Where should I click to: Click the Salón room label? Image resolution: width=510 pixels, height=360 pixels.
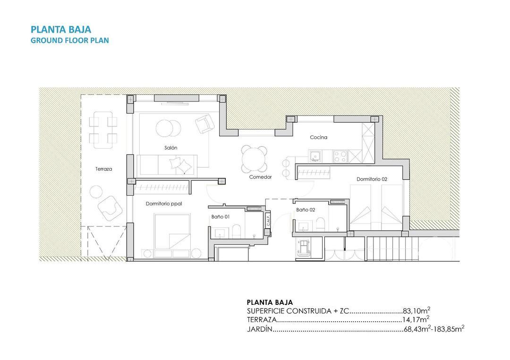(171, 148)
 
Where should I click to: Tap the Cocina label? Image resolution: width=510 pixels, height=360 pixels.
(318, 137)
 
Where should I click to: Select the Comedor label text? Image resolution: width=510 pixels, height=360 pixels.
(261, 177)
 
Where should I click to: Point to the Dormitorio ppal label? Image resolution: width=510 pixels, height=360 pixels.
(164, 204)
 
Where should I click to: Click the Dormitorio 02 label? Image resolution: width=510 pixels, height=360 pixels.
(372, 179)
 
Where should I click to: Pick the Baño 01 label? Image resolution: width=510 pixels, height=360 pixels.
(220, 217)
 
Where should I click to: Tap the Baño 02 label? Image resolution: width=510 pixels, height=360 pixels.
(306, 210)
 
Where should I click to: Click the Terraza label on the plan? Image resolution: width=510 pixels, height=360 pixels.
(103, 169)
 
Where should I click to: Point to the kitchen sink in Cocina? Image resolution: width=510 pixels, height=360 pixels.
(314, 155)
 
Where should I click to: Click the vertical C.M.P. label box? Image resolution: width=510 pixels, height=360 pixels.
(267, 222)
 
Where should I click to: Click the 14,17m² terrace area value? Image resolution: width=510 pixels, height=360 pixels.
(415, 320)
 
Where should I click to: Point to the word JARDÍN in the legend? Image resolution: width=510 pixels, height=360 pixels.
(260, 329)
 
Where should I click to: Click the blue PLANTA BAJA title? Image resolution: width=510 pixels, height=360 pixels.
(60, 30)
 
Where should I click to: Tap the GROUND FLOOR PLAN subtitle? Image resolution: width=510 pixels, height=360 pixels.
(69, 41)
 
